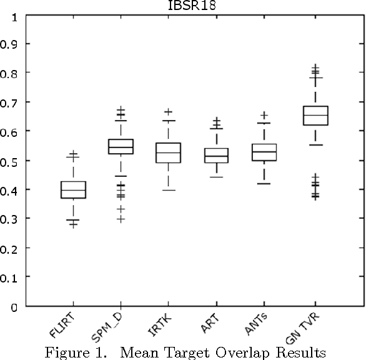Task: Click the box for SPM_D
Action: pyautogui.click(x=121, y=146)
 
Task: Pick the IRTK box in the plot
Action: pyautogui.click(x=169, y=152)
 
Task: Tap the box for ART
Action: pyautogui.click(x=217, y=155)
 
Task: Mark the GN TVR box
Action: pyautogui.click(x=314, y=116)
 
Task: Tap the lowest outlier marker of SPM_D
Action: pyautogui.click(x=121, y=219)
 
